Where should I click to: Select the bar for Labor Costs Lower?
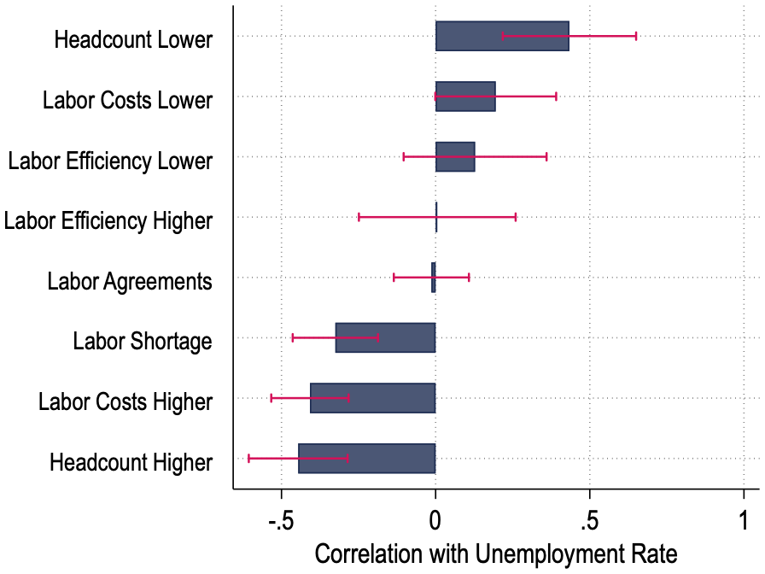465,97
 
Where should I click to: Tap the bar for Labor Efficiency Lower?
455,157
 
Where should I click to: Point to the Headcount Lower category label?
132,40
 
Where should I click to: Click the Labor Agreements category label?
130,281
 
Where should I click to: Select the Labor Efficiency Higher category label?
108,221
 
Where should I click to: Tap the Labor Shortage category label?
143,342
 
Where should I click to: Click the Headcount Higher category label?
131,462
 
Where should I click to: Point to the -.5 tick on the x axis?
281,520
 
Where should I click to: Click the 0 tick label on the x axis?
435,520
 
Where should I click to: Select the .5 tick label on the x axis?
589,520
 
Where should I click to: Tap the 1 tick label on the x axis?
744,520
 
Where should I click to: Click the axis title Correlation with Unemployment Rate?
495,553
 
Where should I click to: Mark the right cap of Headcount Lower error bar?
636,36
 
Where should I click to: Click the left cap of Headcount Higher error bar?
248,458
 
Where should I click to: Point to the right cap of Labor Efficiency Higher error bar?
516,217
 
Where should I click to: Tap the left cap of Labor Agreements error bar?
394,277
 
